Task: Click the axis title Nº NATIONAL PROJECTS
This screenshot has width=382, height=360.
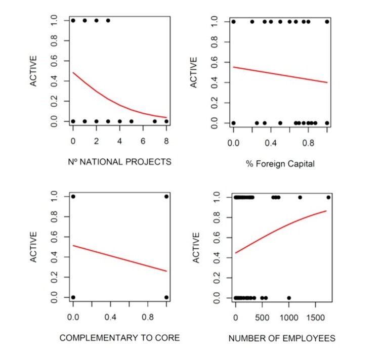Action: [119, 162]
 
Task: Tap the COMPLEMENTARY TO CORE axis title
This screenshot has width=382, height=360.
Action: [119, 337]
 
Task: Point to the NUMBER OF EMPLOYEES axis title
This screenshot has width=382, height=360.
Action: [282, 338]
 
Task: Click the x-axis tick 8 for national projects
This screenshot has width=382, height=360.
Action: [166, 139]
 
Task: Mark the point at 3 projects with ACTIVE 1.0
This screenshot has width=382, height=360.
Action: [108, 21]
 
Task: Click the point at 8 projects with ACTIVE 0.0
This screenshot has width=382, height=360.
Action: [166, 121]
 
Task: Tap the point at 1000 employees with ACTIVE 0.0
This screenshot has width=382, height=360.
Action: [289, 298]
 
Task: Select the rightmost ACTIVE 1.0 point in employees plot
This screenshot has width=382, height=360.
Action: [328, 197]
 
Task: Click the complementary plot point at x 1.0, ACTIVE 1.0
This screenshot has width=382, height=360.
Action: [166, 197]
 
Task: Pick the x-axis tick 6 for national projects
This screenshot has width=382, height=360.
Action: [143, 139]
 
